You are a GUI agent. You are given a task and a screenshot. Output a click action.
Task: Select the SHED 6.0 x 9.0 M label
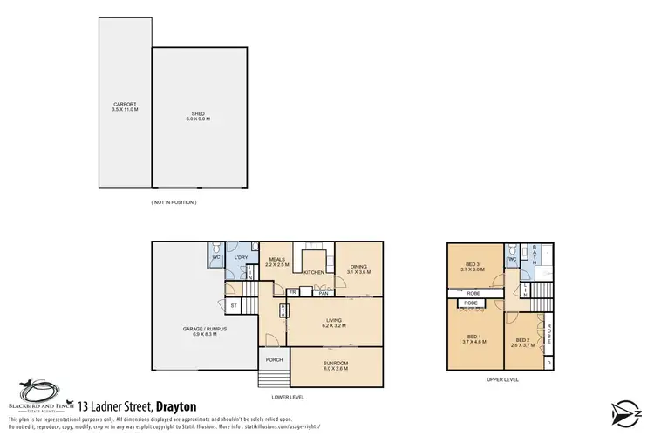(x=199, y=114)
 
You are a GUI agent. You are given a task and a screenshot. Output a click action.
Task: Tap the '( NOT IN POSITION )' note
(x=174, y=201)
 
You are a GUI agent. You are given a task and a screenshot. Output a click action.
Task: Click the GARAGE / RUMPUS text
(x=201, y=330)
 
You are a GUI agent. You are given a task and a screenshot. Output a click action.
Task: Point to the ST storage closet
(x=234, y=306)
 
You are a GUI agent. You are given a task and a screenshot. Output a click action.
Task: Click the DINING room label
(x=359, y=269)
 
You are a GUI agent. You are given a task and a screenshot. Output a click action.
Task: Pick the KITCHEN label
(x=315, y=273)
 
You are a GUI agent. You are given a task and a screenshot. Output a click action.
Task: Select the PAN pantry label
(x=322, y=293)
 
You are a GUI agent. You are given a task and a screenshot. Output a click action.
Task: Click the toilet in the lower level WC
(x=215, y=248)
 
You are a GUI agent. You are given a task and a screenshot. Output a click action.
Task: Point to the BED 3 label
(x=474, y=266)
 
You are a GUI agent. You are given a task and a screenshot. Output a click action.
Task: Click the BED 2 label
(x=522, y=341)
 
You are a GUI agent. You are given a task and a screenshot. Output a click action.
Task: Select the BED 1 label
(x=474, y=337)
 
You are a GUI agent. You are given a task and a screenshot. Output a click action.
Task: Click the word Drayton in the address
(x=174, y=406)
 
